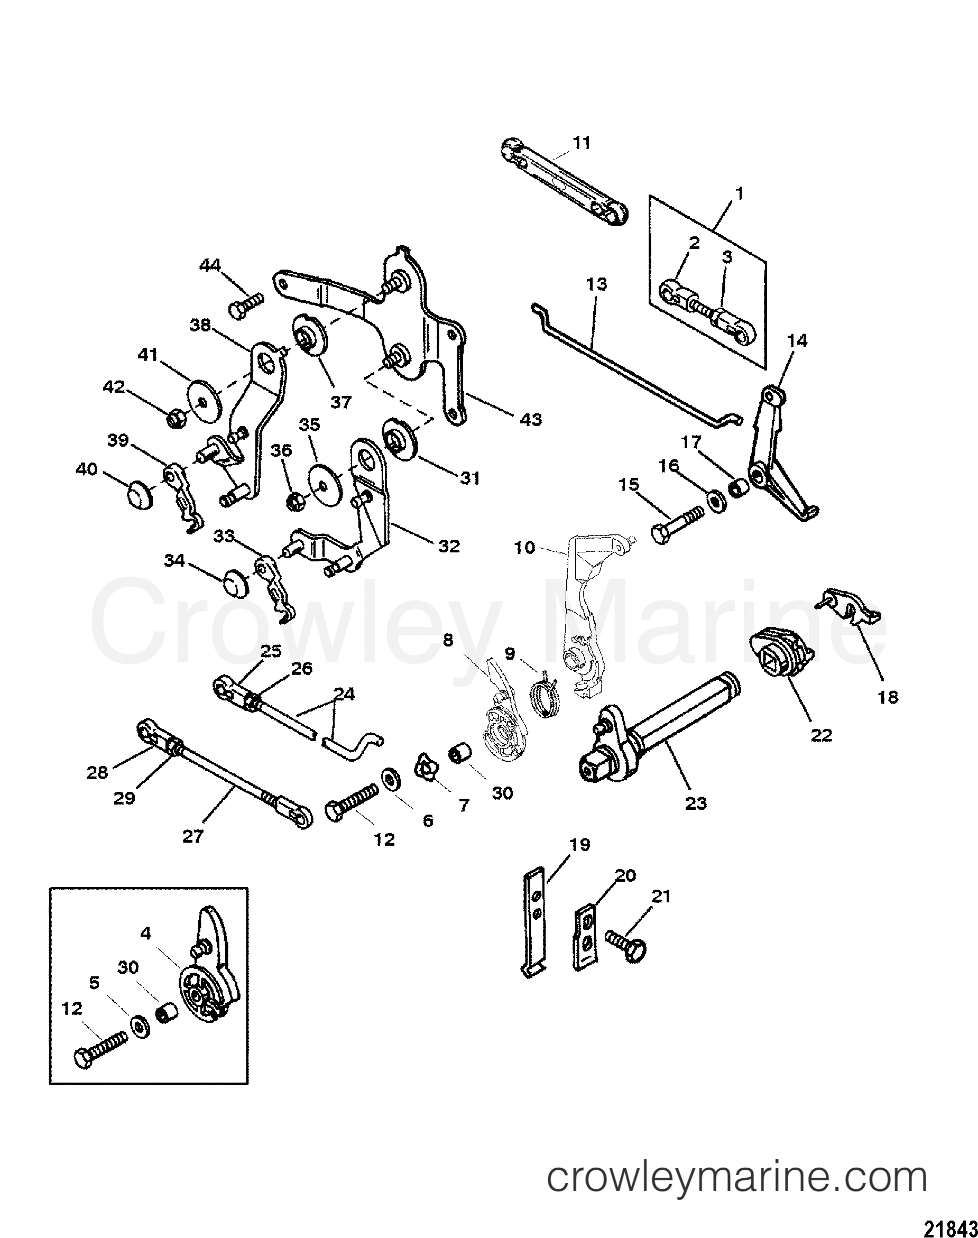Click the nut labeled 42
click(x=174, y=419)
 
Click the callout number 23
click(x=696, y=803)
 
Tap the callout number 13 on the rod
click(x=597, y=284)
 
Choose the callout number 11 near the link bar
click(x=582, y=143)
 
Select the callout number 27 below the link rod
click(x=192, y=837)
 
